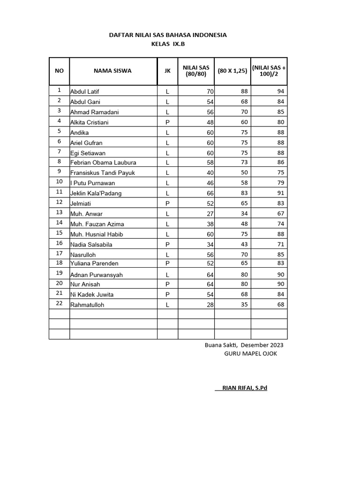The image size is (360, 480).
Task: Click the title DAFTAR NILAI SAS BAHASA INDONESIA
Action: point(168,35)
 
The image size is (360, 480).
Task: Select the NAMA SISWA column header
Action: point(112,71)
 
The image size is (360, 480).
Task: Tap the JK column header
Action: point(167,71)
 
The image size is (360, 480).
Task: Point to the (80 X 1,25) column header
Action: point(232,71)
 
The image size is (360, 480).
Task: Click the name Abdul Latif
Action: point(84,91)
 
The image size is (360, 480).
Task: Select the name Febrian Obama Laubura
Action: point(103,163)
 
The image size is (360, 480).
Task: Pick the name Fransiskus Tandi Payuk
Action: point(102,173)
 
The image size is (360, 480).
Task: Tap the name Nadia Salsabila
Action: point(91,244)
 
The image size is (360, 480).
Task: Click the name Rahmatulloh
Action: point(87,305)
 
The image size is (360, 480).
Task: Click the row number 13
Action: point(59,212)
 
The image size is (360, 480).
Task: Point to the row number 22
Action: point(59,304)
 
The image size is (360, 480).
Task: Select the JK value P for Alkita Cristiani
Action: point(167,122)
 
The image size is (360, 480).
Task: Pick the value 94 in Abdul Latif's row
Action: point(281,91)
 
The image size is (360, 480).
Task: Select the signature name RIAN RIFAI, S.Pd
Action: point(241,388)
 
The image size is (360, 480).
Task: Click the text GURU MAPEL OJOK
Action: point(251,353)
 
